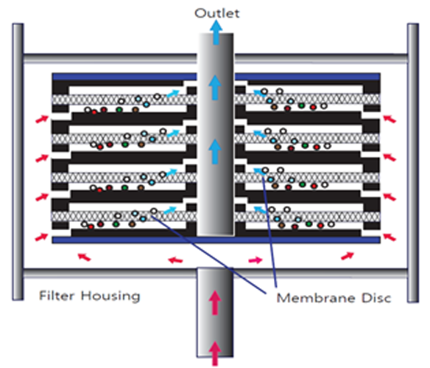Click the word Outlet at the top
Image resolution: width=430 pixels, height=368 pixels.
click(x=217, y=13)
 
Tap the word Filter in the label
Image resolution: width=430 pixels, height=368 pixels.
click(x=57, y=296)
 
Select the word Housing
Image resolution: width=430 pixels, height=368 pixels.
click(x=110, y=296)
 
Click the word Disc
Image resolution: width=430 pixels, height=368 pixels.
click(x=376, y=298)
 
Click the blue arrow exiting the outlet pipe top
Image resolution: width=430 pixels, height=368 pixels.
click(x=216, y=32)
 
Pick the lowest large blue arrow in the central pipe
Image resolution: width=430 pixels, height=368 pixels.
click(x=215, y=151)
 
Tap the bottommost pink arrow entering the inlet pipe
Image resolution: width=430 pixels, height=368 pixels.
click(x=215, y=353)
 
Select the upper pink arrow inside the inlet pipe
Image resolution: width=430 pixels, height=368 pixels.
click(x=215, y=303)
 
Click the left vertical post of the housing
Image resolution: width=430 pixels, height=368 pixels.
click(x=18, y=162)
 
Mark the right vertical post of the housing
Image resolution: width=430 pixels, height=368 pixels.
click(x=413, y=163)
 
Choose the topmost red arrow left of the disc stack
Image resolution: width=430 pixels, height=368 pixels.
click(x=42, y=119)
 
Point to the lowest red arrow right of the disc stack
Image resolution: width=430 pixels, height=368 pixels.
click(x=390, y=237)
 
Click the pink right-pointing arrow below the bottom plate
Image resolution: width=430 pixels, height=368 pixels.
click(x=255, y=260)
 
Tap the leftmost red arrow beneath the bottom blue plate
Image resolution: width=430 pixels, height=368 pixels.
click(x=84, y=257)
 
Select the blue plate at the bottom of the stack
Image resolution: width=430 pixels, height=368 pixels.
click(x=216, y=240)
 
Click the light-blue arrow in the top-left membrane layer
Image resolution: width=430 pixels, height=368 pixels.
click(x=173, y=94)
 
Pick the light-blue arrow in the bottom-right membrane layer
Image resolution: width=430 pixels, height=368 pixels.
click(x=260, y=210)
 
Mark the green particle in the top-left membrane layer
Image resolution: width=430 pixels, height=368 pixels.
click(x=119, y=110)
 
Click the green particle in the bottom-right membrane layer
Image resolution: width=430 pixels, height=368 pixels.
click(x=309, y=223)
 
